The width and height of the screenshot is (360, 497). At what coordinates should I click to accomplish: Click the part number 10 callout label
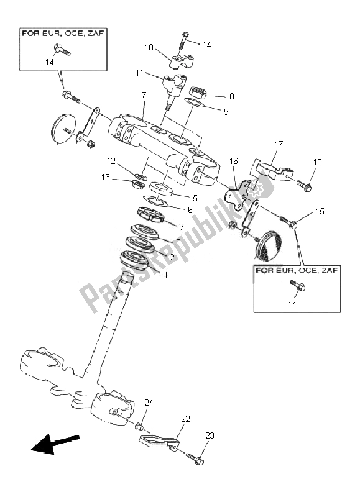click(149, 47)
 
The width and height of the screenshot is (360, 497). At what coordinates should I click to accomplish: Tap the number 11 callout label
click(140, 73)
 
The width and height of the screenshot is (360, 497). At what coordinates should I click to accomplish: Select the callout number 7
click(144, 95)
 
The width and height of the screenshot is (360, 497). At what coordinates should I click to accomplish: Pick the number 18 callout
click(318, 162)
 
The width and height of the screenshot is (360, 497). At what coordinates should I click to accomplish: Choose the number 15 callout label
click(320, 211)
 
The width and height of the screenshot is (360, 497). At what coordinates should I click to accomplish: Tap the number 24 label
click(149, 403)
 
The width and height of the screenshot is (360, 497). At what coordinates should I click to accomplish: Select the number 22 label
click(185, 419)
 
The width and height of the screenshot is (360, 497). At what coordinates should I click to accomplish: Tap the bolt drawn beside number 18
click(303, 184)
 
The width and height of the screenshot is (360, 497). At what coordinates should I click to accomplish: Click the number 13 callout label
click(108, 178)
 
